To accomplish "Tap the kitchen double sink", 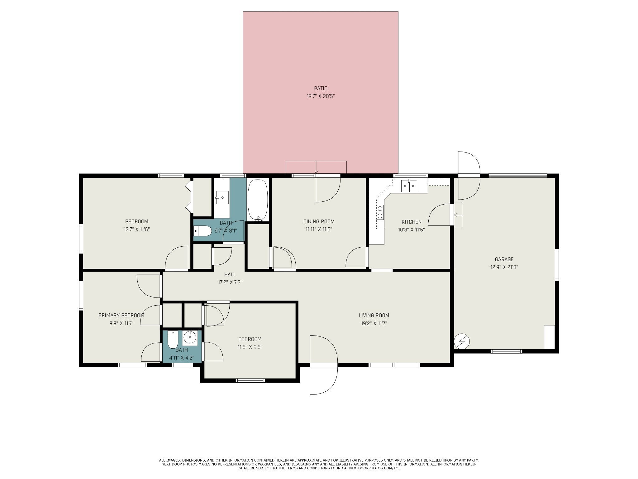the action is click(409, 186).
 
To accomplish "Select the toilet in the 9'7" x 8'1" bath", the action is click(203, 231).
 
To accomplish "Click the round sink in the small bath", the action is click(190, 338).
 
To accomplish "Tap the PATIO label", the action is click(321, 89).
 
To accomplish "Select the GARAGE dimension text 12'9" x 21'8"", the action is click(504, 267).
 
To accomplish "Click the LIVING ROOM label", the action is click(374, 315).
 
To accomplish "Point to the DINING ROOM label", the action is click(319, 222).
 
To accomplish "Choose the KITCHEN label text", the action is click(412, 222).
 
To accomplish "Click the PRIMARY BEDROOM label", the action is click(121, 316).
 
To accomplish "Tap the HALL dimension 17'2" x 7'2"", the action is click(230, 283).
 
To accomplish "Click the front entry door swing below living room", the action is click(324, 365).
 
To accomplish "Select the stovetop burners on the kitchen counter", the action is click(380, 212).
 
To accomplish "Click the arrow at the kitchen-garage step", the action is click(457, 215).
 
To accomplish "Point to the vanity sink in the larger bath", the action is click(222, 197).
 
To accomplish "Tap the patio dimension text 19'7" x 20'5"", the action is click(321, 97).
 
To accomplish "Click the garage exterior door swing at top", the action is click(469, 176).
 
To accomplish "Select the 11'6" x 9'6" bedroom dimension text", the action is click(250, 347).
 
